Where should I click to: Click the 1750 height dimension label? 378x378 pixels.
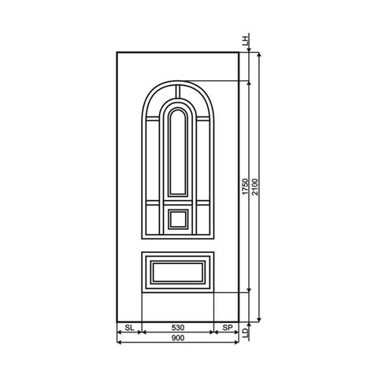[245, 187]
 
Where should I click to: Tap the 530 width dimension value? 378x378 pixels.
[177, 326]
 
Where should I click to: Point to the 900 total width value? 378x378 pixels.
[177, 339]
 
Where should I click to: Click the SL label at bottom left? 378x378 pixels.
[129, 326]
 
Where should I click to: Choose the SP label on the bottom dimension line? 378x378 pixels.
[226, 326]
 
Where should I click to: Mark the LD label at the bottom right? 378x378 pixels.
[246, 334]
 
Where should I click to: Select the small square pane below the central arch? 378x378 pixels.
[178, 218]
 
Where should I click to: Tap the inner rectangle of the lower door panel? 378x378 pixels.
[178, 272]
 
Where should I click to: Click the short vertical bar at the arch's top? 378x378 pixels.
[178, 91]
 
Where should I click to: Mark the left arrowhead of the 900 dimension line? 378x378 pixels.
[119, 334]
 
